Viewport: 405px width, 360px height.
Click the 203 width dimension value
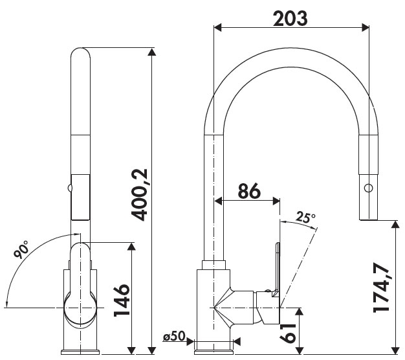(x=290, y=18)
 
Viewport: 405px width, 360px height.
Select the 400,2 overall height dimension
(x=139, y=195)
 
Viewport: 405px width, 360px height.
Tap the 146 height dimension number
(x=122, y=300)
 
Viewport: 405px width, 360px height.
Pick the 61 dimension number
(x=287, y=333)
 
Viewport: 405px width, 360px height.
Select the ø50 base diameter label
(x=174, y=336)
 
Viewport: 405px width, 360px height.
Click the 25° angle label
(x=305, y=218)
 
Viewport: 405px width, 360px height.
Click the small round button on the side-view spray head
(x=368, y=187)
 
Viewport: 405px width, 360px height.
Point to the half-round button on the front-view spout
(x=69, y=187)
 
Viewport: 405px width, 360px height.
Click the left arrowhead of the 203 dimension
(x=218, y=28)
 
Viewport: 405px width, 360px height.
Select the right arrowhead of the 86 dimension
(x=276, y=201)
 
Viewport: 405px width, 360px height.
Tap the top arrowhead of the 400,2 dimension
(x=151, y=52)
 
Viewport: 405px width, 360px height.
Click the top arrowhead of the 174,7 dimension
(x=395, y=225)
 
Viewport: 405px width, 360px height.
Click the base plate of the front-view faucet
(x=80, y=352)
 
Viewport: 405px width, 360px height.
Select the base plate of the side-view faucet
(x=213, y=352)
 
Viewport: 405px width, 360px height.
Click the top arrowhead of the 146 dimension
(x=131, y=247)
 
